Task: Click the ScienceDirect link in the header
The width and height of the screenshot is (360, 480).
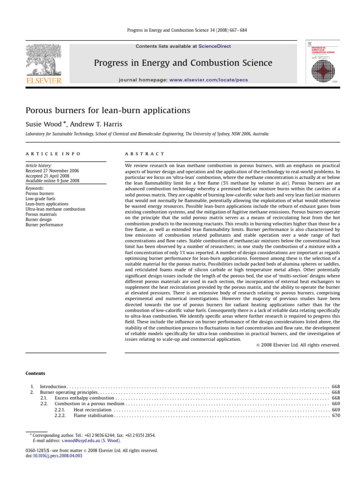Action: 215,46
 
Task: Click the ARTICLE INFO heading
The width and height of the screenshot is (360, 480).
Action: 53,154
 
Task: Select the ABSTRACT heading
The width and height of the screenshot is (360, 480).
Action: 144,154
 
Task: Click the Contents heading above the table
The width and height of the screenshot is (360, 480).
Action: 35,373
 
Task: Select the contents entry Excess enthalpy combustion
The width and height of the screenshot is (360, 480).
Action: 84,397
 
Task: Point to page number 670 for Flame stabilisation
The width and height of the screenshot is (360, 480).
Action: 336,415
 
